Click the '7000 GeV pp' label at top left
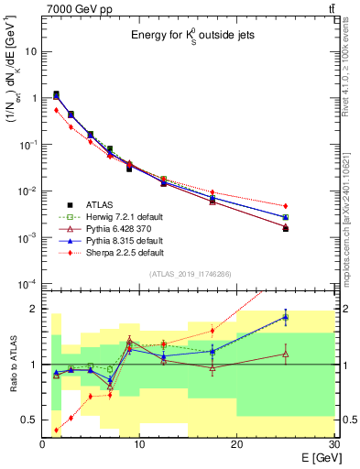click(x=75, y=8)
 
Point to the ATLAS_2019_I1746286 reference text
click(x=188, y=274)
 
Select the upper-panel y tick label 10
click(x=30, y=51)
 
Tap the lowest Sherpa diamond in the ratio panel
click(x=57, y=430)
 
